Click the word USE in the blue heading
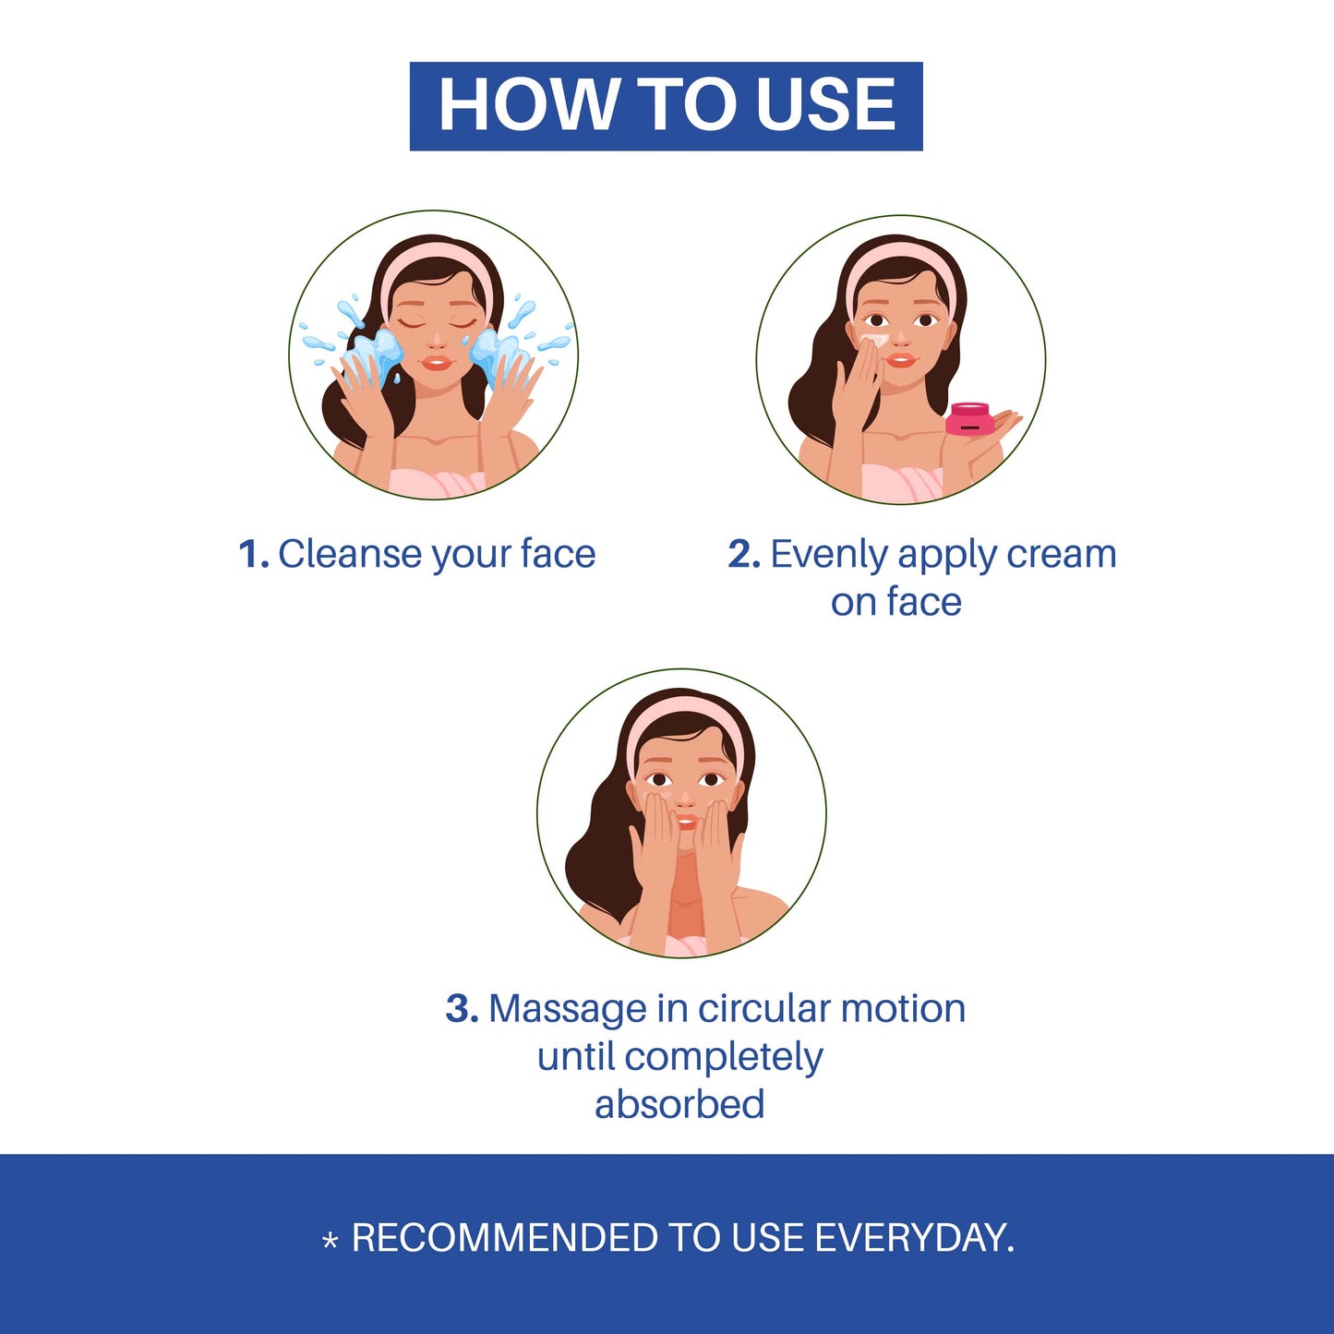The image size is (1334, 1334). point(826,104)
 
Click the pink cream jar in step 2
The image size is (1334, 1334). point(970,418)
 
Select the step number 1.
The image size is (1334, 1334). point(253,554)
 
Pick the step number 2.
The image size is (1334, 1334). point(744,554)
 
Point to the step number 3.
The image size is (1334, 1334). point(462,1009)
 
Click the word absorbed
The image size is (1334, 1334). point(679,1103)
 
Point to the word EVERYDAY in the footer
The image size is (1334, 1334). point(914,1238)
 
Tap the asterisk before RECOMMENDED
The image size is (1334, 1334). point(330,1242)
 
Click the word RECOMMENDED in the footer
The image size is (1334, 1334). point(505,1238)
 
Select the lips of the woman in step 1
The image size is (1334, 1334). point(437,363)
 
